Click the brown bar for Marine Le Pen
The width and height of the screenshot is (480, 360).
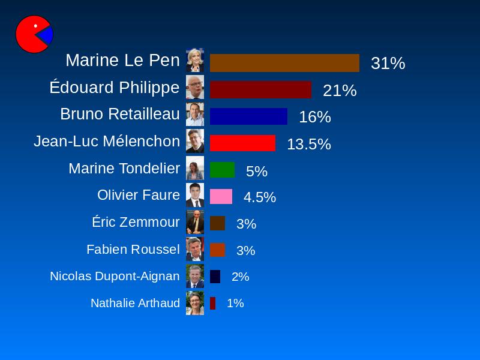[284, 63]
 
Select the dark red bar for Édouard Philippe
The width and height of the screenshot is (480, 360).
[260, 90]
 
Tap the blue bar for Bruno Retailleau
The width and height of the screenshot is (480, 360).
[248, 116]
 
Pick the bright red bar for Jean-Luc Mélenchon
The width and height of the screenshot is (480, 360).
[242, 143]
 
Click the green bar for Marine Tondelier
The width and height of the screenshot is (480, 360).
[222, 170]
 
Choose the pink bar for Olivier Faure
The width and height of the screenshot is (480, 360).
[221, 197]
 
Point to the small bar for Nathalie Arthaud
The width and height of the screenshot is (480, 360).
[212, 303]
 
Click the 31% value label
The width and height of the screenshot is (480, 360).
[388, 63]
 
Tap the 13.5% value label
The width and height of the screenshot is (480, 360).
[308, 144]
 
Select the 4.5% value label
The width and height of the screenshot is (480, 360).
[259, 197]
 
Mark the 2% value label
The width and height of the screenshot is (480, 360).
[240, 277]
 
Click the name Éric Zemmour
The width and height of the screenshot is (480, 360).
[136, 222]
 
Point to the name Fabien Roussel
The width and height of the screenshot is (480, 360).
[133, 249]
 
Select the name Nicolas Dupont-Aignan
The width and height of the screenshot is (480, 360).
[115, 276]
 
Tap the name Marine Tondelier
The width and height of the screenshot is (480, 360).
[124, 169]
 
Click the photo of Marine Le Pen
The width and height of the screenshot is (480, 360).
[195, 60]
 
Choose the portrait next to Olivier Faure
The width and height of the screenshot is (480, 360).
[195, 195]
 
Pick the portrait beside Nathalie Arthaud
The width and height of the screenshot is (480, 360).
[195, 303]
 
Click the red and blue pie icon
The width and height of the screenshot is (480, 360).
[34, 34]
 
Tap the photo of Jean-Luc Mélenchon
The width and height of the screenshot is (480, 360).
[195, 141]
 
